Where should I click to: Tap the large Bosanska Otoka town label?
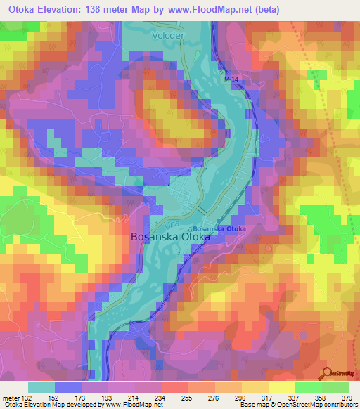click(x=171, y=238)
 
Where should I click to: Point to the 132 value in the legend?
click(x=27, y=397)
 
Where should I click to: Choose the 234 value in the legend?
click(x=160, y=397)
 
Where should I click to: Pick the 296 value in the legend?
click(x=240, y=397)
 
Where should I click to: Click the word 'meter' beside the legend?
click(x=10, y=397)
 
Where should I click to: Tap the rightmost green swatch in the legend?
click(x=335, y=387)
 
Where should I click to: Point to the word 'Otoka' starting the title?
click(x=21, y=9)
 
